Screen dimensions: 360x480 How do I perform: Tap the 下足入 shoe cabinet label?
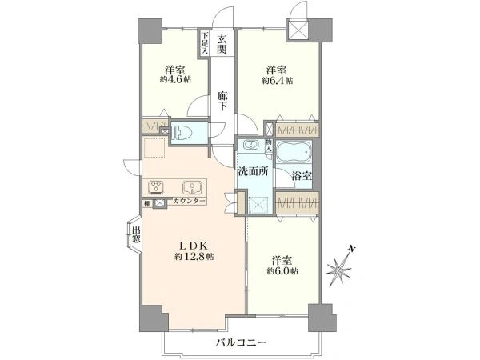(205, 42)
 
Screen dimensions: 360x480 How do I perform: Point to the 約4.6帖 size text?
(175, 80)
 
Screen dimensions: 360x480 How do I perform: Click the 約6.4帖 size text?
(277, 80)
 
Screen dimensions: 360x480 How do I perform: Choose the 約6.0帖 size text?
(282, 272)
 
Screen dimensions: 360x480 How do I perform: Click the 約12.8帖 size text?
(194, 257)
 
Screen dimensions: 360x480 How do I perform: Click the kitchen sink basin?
(193, 189)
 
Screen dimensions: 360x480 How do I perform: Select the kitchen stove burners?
(157, 189)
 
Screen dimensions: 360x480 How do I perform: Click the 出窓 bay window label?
(136, 235)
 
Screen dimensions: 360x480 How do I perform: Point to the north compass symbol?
(342, 267)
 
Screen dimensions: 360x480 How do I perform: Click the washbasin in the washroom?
(252, 146)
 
